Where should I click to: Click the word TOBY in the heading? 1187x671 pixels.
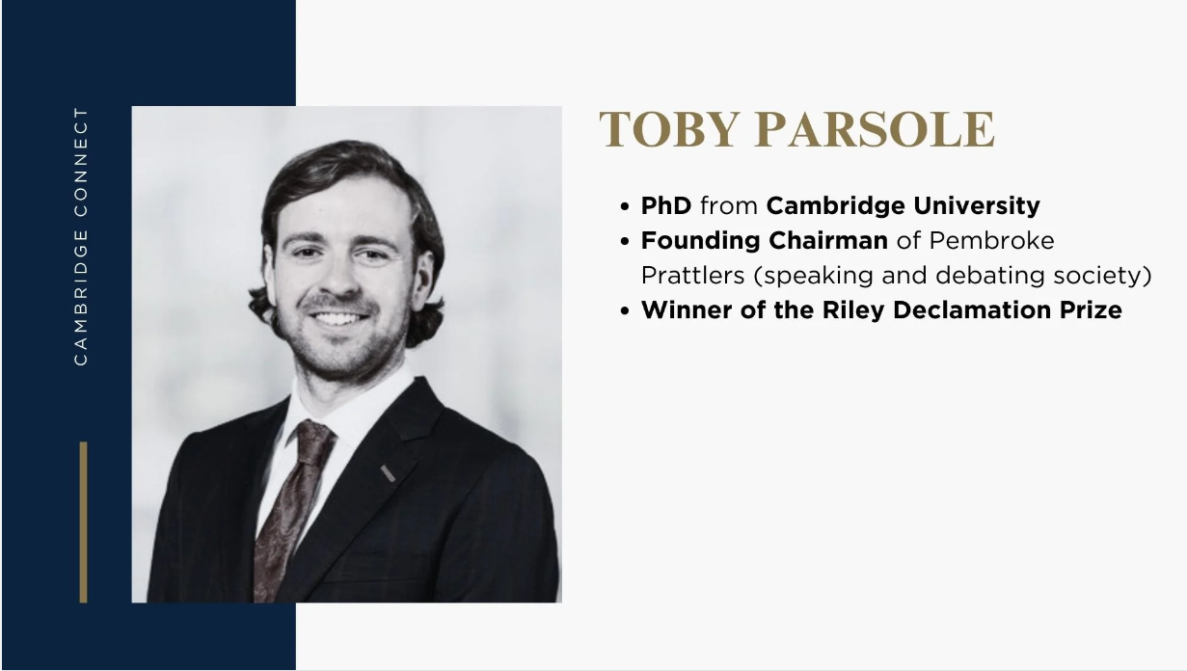[x=669, y=129]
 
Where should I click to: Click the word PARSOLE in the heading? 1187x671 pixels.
[x=875, y=129]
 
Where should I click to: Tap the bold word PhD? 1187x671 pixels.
[x=666, y=205]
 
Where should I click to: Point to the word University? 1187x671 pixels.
[x=977, y=206]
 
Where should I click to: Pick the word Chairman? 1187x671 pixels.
[x=828, y=241]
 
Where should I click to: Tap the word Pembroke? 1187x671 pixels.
[x=991, y=241]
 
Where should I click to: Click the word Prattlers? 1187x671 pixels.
[x=692, y=276]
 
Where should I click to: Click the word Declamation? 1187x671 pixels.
[x=972, y=310]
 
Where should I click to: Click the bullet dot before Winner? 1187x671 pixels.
[x=625, y=311]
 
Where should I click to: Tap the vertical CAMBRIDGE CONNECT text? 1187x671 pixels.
[x=81, y=236]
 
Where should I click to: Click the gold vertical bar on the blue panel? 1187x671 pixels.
[x=83, y=523]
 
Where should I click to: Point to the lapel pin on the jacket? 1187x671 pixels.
[x=388, y=473]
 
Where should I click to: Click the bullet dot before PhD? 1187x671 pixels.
[x=625, y=206]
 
